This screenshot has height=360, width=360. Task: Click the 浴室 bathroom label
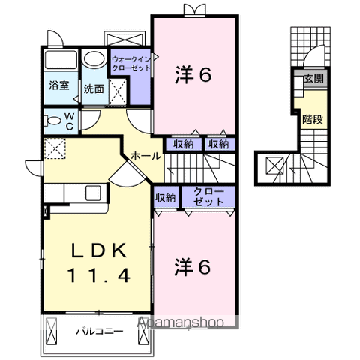pos(59,85)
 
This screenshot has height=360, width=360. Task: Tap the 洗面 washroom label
pos(94,88)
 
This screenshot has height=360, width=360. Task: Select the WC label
pos(70,121)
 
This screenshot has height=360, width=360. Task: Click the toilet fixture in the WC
pos(52,121)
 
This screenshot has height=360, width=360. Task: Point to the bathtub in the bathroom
pos(61,60)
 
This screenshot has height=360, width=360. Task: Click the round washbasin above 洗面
pos(94,58)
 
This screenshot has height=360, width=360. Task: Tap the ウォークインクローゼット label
pos(131,64)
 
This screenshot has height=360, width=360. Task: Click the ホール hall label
pos(146,156)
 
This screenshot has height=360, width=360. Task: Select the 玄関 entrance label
pos(313,79)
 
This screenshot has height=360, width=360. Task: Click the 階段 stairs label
pos(313,119)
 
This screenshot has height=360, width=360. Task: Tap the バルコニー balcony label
pos(100,331)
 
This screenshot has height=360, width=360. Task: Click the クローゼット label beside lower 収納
pos(208,196)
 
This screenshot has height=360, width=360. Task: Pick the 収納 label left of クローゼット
pos(166,198)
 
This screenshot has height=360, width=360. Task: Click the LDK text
pos(99,250)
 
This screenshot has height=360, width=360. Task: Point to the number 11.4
pos(98,275)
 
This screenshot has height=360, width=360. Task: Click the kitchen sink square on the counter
pos(93,193)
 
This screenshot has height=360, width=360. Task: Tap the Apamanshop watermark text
pos(181,322)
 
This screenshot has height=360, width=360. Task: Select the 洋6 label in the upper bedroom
pos(193,74)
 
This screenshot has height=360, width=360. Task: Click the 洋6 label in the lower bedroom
pos(193,267)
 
